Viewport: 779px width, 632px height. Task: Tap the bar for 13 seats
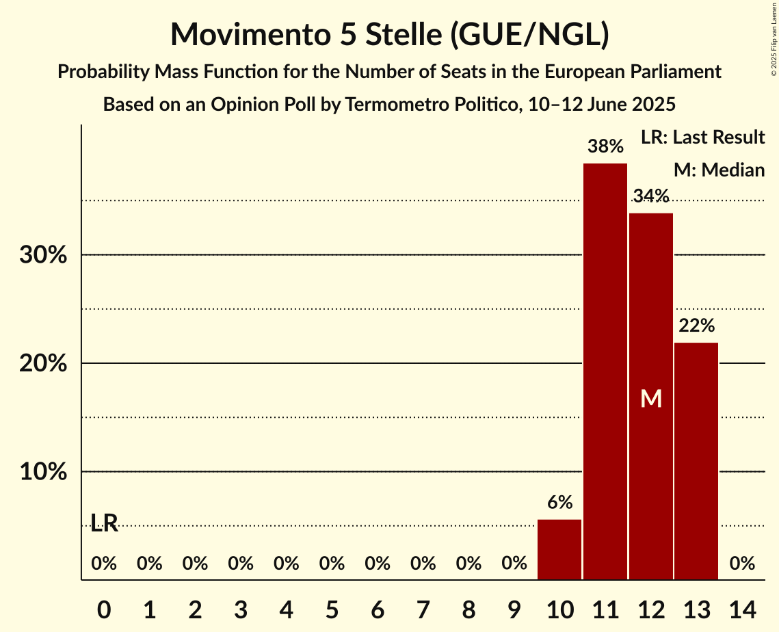tap(696, 461)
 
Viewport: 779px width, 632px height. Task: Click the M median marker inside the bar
tap(651, 398)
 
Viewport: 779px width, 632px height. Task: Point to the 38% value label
tap(605, 146)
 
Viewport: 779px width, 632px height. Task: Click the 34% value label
tap(651, 196)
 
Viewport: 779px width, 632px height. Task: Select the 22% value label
tap(696, 326)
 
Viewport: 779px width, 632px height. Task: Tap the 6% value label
tap(559, 502)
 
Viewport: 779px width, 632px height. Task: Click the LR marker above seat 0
tap(104, 524)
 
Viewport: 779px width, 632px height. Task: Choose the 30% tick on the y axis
tap(42, 255)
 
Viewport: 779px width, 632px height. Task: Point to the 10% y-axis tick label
tap(42, 472)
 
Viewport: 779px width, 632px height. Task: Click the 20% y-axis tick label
tap(42, 363)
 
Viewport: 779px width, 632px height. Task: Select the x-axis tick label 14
tap(742, 608)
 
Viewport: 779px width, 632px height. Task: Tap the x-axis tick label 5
tap(332, 608)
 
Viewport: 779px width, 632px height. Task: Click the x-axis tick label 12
tap(651, 608)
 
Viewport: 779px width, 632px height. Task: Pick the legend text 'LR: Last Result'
tap(702, 137)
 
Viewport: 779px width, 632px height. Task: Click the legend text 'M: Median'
tap(718, 170)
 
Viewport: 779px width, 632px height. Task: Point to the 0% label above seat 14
tap(742, 564)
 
